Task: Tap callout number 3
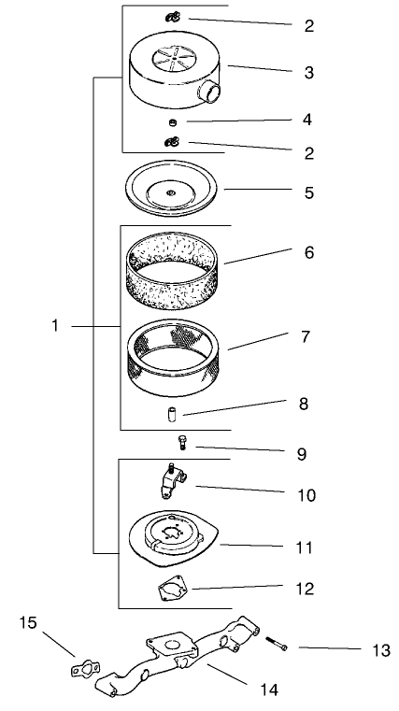click(x=308, y=72)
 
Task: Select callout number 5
click(x=308, y=193)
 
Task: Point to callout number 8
click(x=308, y=405)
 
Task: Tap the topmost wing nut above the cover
click(x=173, y=17)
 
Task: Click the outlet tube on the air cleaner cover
click(x=210, y=93)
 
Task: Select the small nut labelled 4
click(x=173, y=122)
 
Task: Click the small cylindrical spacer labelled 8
click(x=174, y=414)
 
